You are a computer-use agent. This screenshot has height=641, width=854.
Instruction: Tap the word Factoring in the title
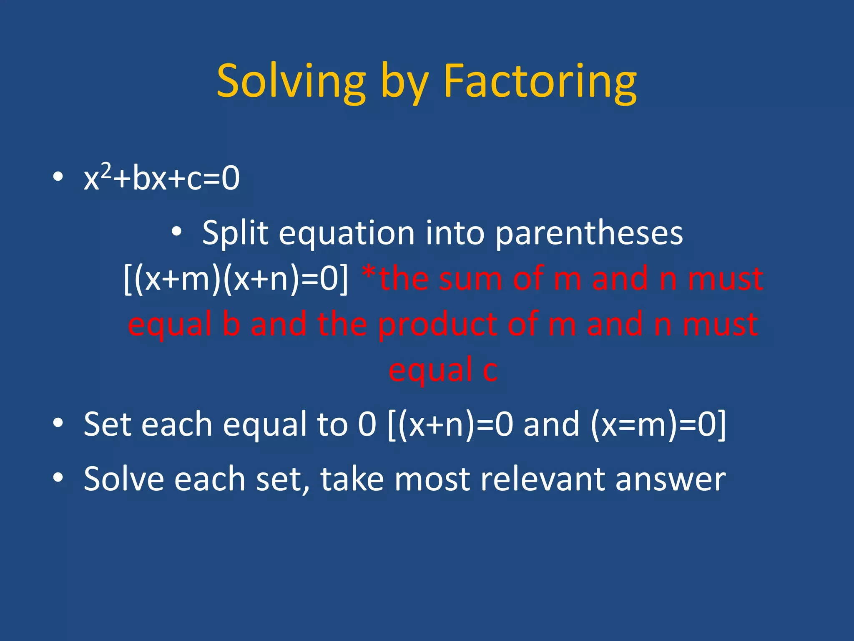coord(540,81)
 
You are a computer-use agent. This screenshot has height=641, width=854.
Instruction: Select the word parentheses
coord(589,234)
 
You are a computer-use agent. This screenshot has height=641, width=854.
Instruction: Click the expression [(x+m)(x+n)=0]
coord(236,279)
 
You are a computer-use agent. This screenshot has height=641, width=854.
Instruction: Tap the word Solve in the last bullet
coord(123,479)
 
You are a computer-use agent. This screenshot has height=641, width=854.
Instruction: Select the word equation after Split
coord(347,234)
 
